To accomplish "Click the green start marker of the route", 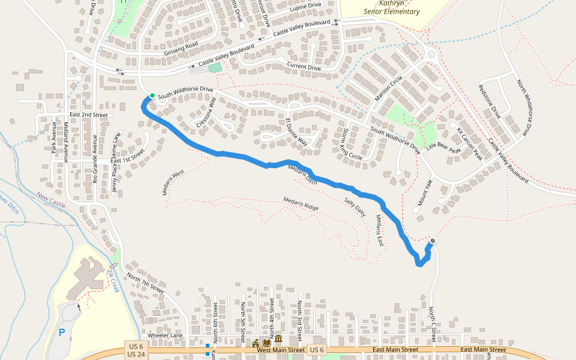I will point(152,95).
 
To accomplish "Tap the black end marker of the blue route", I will point(433,241).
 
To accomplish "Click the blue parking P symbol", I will point(61,332).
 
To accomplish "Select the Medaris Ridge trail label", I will point(301,203).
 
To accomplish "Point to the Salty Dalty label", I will point(355,206).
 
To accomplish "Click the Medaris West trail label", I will point(173,182).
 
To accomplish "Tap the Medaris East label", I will point(379,230).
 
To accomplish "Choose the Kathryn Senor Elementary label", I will point(391,7).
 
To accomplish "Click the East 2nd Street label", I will point(88,115).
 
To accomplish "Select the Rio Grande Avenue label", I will point(94,158).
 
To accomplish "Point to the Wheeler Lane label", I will point(165,335).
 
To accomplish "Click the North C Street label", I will point(431,322).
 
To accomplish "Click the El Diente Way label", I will point(296,132).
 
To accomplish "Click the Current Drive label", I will point(304,67).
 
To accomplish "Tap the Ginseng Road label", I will point(181,49).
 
